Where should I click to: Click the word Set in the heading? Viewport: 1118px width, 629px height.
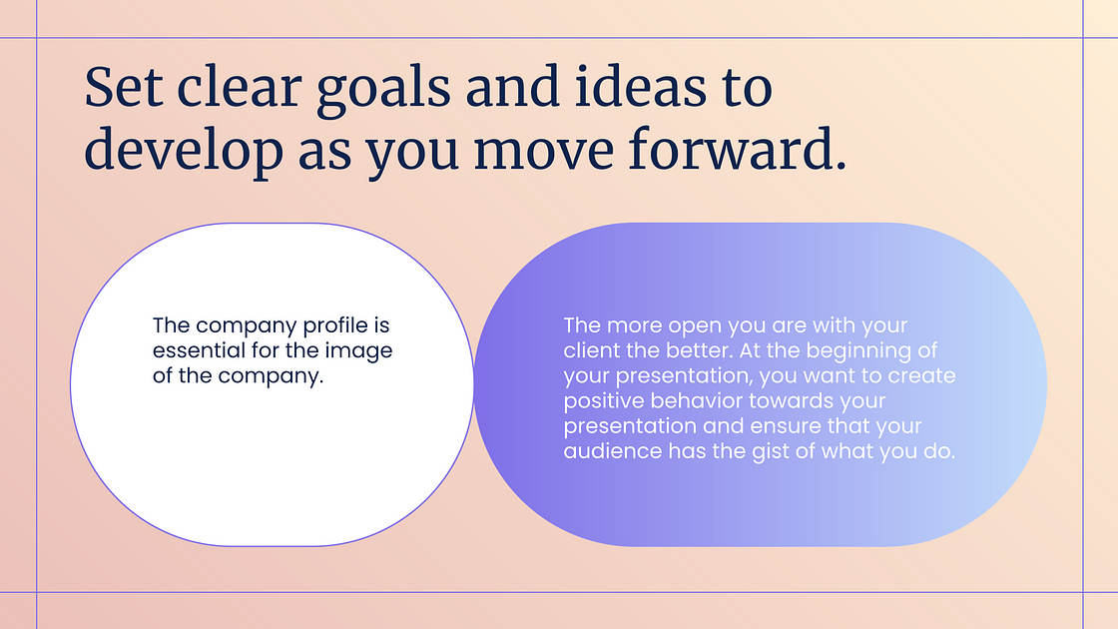pyautogui.click(x=124, y=87)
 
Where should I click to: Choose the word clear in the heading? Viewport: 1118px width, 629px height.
pyautogui.click(x=240, y=87)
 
